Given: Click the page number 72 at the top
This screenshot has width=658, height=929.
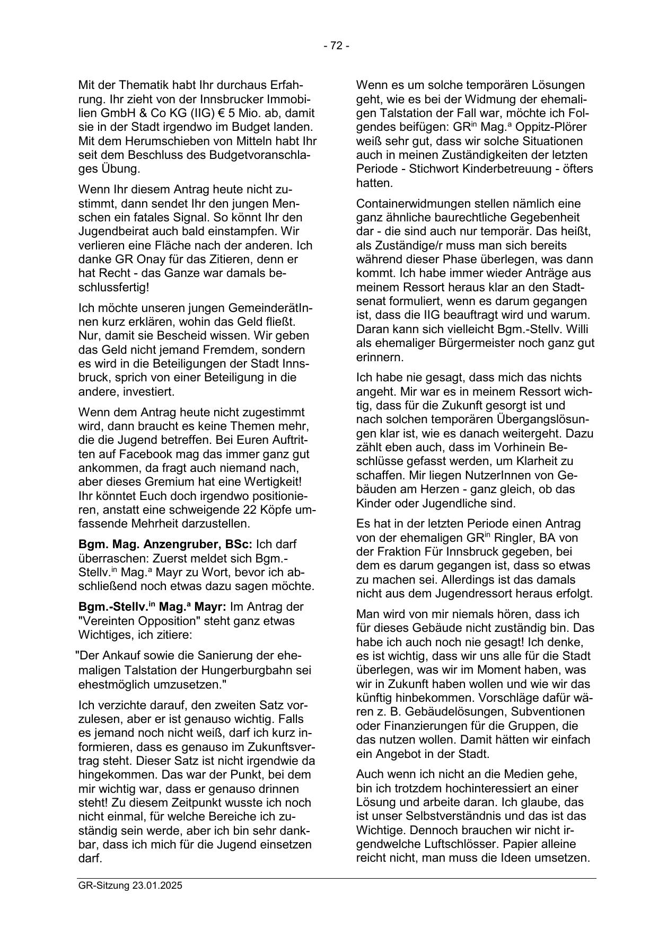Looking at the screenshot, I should coord(336,46).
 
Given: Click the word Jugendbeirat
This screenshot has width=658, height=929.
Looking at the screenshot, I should coord(114,232).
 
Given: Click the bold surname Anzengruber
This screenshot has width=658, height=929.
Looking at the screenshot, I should coord(173,544).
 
